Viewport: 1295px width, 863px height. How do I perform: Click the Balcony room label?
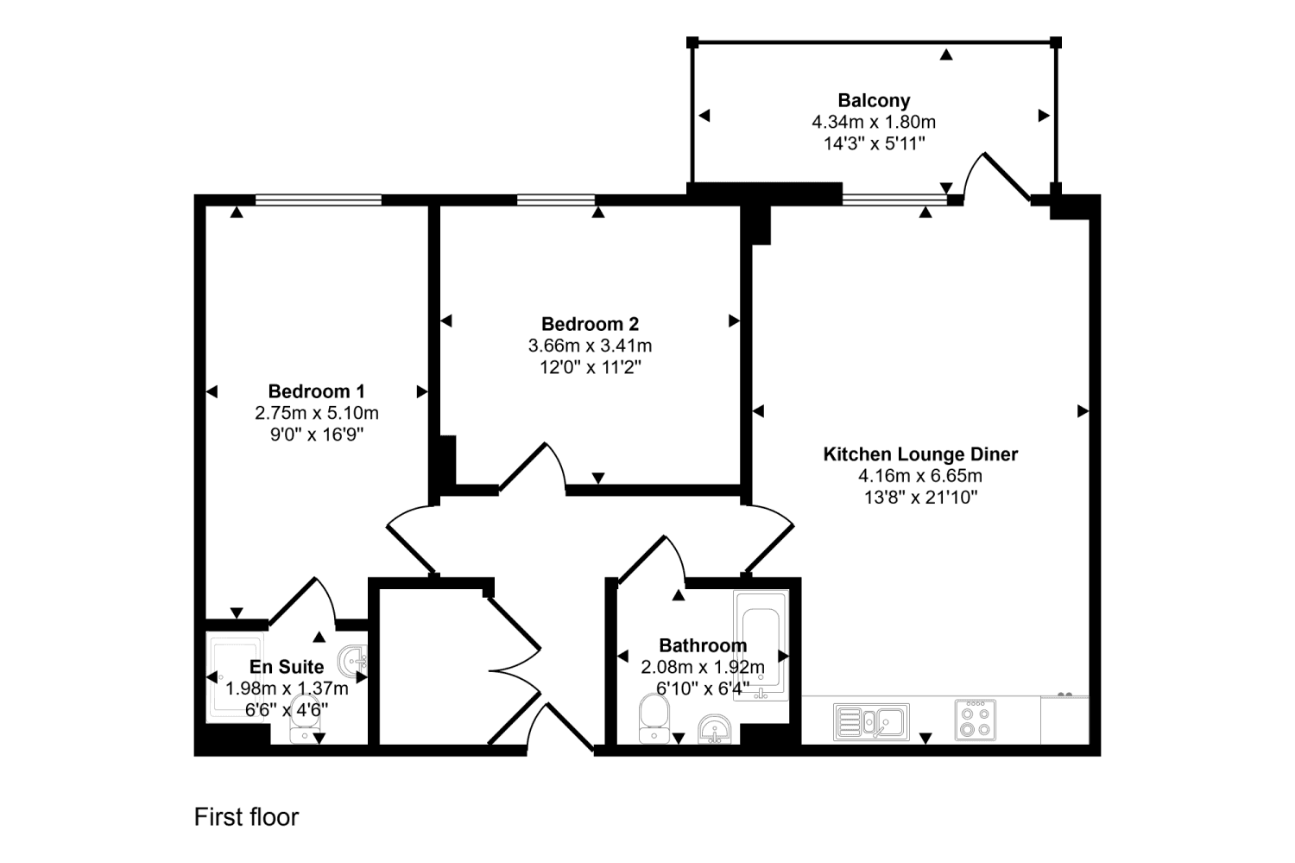(874, 100)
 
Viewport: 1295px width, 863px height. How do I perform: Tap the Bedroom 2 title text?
(590, 324)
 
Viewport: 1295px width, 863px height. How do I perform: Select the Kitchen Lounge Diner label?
(920, 454)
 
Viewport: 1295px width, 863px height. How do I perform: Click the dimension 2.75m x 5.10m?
(316, 413)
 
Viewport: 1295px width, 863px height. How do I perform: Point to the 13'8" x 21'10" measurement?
(920, 498)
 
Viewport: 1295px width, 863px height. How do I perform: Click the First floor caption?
(246, 817)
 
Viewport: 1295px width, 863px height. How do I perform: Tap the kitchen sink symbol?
(871, 721)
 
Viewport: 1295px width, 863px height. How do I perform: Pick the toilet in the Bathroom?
(654, 720)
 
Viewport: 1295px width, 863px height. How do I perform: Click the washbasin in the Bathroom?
(715, 729)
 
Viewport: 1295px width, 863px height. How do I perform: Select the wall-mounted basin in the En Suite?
(353, 662)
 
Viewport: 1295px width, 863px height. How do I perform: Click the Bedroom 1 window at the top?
(318, 200)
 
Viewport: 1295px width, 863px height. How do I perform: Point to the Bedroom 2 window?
(555, 200)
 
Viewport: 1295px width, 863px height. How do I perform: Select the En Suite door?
(302, 600)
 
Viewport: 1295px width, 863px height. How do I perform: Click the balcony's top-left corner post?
(692, 42)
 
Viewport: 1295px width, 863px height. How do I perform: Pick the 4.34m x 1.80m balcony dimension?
(874, 123)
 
